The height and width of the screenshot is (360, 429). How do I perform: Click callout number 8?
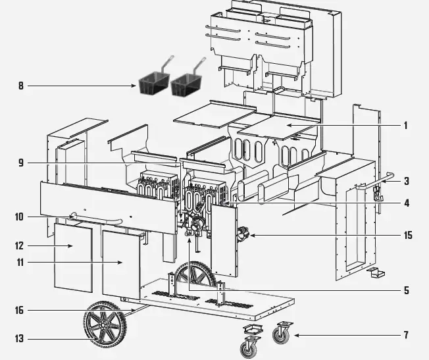(x=20, y=85)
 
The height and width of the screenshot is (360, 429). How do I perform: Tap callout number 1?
(x=407, y=125)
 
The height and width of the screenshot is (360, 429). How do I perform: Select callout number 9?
(x=20, y=163)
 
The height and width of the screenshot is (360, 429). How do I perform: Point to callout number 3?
(x=407, y=180)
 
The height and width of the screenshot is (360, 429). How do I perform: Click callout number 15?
(x=408, y=235)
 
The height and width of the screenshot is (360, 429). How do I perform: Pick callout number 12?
(x=20, y=246)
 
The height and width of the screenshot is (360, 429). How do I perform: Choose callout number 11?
(x=20, y=263)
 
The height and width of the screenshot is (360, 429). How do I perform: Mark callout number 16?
(x=20, y=310)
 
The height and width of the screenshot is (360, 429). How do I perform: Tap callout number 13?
(x=20, y=338)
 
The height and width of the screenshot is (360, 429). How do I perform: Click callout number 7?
(x=407, y=335)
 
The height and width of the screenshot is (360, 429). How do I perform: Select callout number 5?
(x=407, y=290)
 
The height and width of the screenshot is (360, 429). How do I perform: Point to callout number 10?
(x=20, y=216)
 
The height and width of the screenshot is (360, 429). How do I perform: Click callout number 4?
(x=407, y=203)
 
